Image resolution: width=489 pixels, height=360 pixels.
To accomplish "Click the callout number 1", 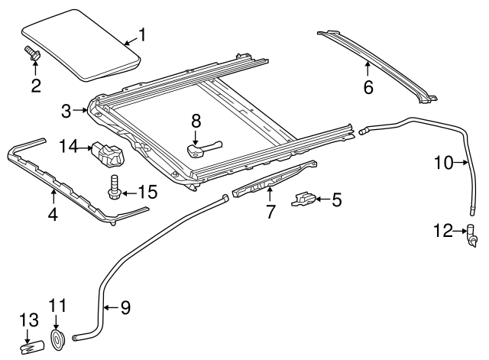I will (x=140, y=34).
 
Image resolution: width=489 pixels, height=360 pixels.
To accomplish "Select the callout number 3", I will (x=66, y=112).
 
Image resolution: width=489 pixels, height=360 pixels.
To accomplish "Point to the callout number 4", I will (x=53, y=215).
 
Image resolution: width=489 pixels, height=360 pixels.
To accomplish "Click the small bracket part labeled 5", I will (x=304, y=199).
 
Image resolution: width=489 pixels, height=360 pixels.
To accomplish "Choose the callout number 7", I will (x=270, y=212).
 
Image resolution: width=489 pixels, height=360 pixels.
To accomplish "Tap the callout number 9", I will (x=125, y=307).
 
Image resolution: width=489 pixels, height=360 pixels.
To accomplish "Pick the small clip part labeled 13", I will (x=30, y=342).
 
